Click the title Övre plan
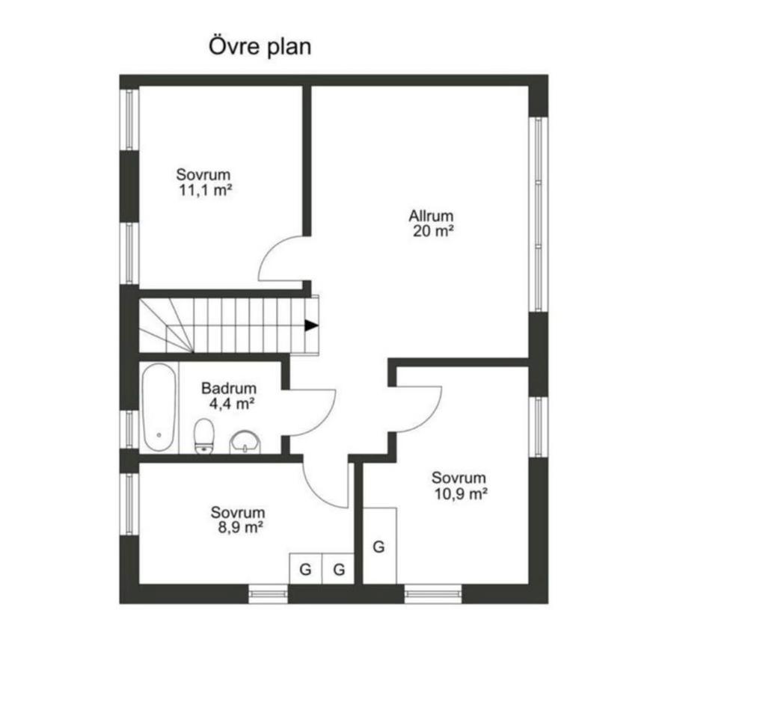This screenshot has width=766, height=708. tap(260, 47)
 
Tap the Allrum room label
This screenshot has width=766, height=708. tap(432, 215)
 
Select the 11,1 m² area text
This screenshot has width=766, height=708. tap(205, 190)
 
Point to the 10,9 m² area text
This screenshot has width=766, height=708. tap(461, 494)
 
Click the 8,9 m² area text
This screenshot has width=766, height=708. tap(238, 527)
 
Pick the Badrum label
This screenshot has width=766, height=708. tap(229, 388)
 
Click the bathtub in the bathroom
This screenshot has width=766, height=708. tap(159, 407)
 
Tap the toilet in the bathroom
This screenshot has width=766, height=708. tap(203, 436)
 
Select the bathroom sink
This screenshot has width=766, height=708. tap(245, 442)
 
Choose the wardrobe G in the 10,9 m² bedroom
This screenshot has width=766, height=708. tap(379, 546)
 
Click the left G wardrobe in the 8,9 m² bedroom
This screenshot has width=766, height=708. tap(306, 569)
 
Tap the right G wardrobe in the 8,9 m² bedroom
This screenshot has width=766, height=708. tap(338, 569)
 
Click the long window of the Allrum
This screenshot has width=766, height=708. tap(539, 215)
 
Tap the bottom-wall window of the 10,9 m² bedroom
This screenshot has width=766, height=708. tap(433, 594)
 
